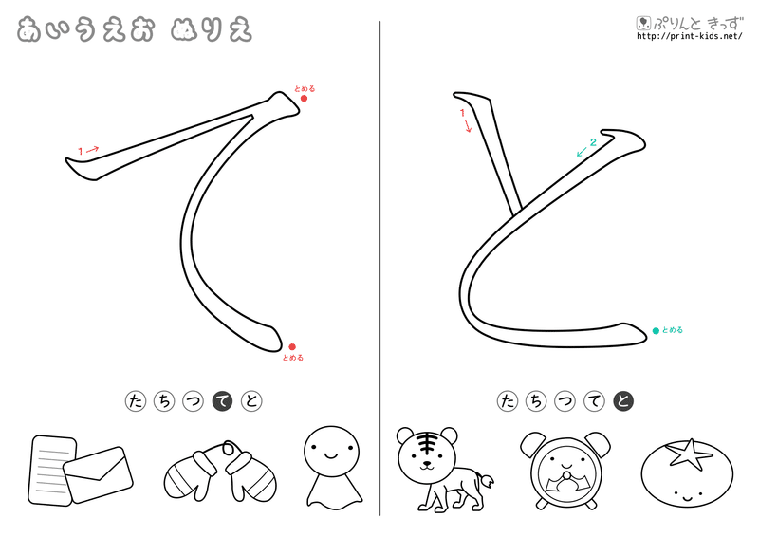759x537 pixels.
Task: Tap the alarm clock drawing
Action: point(565,471)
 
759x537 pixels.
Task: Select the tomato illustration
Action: point(687,473)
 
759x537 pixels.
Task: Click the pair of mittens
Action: point(220,471)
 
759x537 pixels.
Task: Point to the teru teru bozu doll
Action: point(333,468)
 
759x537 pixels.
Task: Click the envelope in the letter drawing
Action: point(99,474)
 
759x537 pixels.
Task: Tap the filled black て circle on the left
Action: point(223,401)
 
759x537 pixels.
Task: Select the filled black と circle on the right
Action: point(623,401)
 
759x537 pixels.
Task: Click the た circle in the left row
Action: point(136,401)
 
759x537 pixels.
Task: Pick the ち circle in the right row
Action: point(536,401)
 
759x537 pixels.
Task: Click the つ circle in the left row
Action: point(194,401)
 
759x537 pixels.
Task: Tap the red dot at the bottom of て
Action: point(292,346)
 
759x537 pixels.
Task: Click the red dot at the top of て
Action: point(304,99)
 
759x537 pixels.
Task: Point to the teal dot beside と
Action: point(656,331)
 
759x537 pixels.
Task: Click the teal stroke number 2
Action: point(593,142)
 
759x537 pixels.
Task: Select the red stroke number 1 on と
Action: point(462,113)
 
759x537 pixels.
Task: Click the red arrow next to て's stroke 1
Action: point(93,149)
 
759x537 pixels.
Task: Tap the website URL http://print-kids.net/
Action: point(690,36)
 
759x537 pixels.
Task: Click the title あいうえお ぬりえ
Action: point(135,30)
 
